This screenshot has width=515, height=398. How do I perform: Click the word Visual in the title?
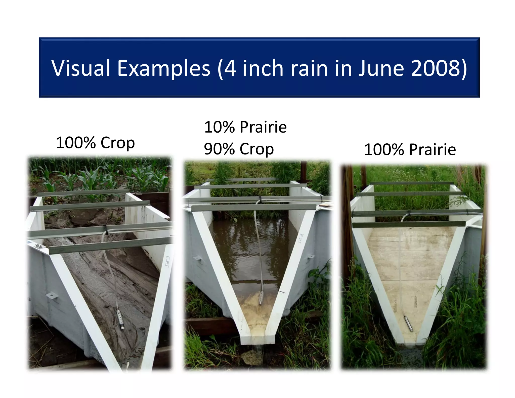[x=80, y=68]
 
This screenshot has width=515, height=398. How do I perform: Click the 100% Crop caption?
[x=95, y=143]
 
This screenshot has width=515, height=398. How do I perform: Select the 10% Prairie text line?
[x=245, y=127]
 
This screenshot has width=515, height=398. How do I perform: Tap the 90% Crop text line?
[x=239, y=149]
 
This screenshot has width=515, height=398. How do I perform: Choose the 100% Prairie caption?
[x=410, y=150]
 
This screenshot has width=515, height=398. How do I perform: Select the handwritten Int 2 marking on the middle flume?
[x=301, y=238]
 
